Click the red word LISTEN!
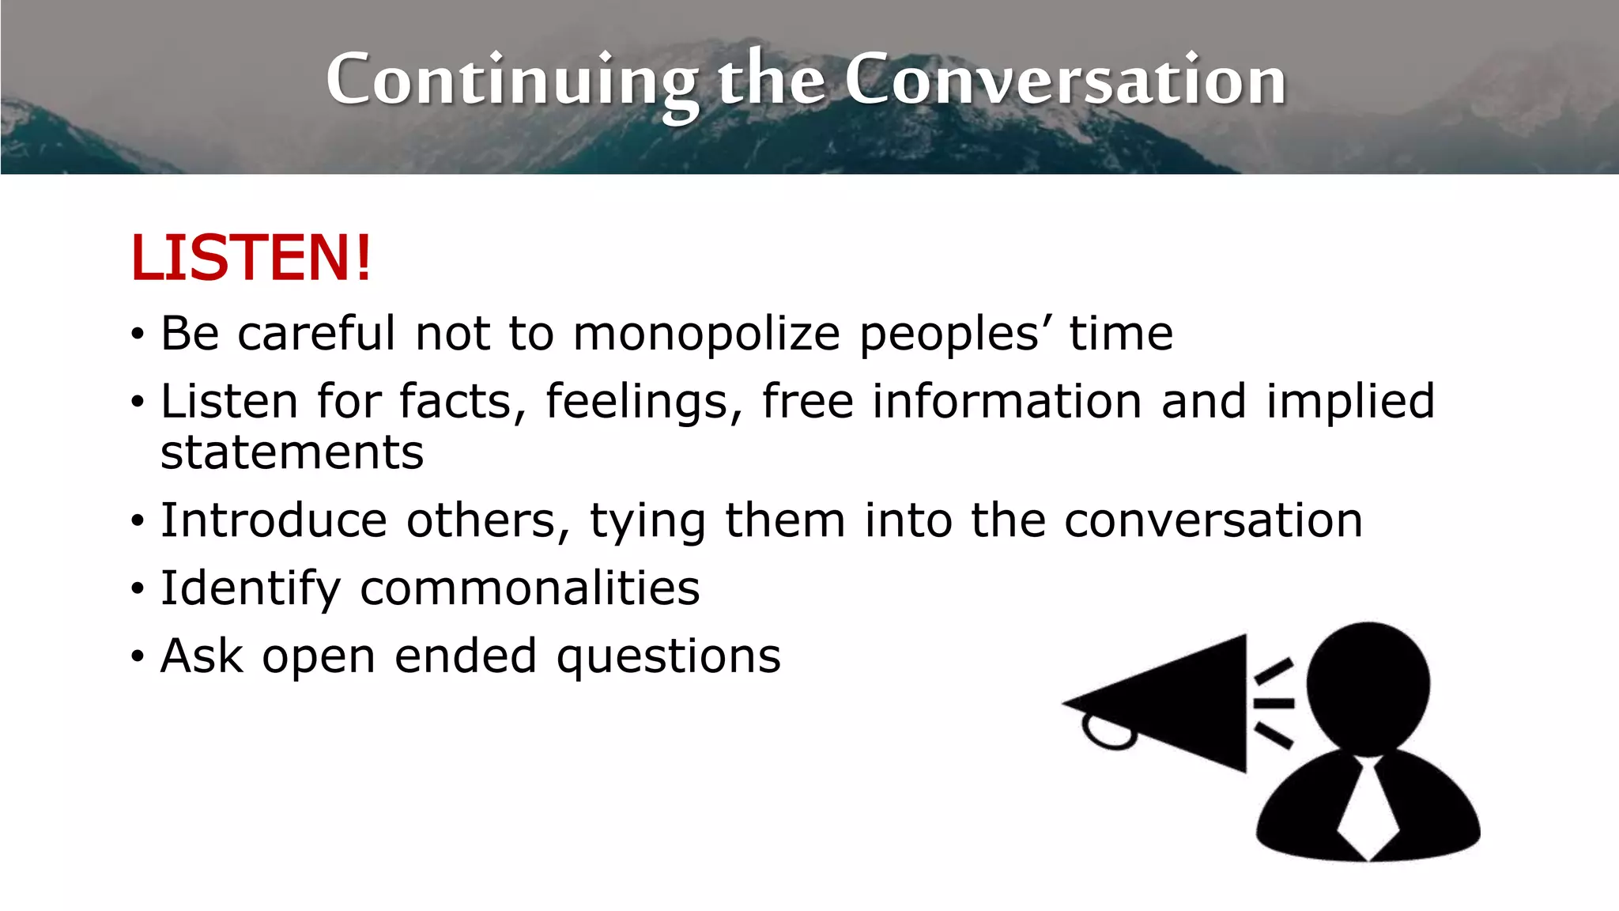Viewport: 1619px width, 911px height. pos(251,258)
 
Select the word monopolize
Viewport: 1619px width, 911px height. pos(706,334)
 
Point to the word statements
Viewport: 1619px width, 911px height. pos(292,452)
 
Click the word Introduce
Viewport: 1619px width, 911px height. pos(274,520)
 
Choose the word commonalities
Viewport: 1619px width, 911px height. pos(530,588)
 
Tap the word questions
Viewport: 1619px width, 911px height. pos(668,656)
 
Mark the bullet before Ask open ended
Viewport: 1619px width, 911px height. pos(138,657)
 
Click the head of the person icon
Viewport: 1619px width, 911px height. pos(1368,685)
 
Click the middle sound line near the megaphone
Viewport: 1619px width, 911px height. pos(1274,702)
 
